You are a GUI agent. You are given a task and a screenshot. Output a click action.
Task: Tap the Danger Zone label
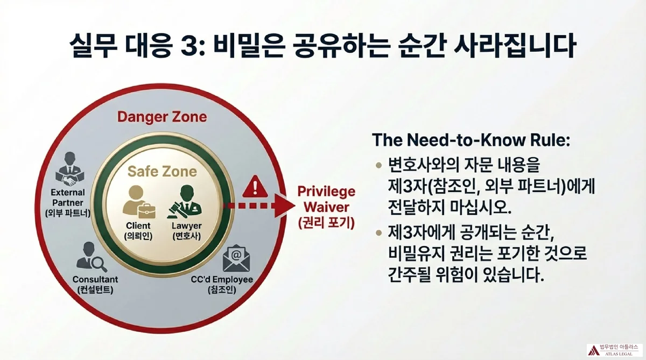[x=161, y=116]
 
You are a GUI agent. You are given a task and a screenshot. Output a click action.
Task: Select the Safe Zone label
[x=161, y=172]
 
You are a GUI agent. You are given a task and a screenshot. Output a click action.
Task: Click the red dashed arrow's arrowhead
[x=282, y=205]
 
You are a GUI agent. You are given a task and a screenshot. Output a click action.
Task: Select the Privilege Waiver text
[x=326, y=199]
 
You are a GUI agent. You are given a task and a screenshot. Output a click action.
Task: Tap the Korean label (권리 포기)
[x=326, y=223]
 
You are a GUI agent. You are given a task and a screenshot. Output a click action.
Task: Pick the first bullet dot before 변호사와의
[x=378, y=163]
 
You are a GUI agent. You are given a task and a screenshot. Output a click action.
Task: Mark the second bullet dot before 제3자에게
[x=378, y=232]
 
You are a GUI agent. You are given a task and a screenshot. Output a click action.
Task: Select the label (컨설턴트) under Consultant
[x=95, y=291]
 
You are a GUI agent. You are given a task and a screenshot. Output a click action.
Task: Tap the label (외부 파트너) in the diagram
[x=68, y=213]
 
